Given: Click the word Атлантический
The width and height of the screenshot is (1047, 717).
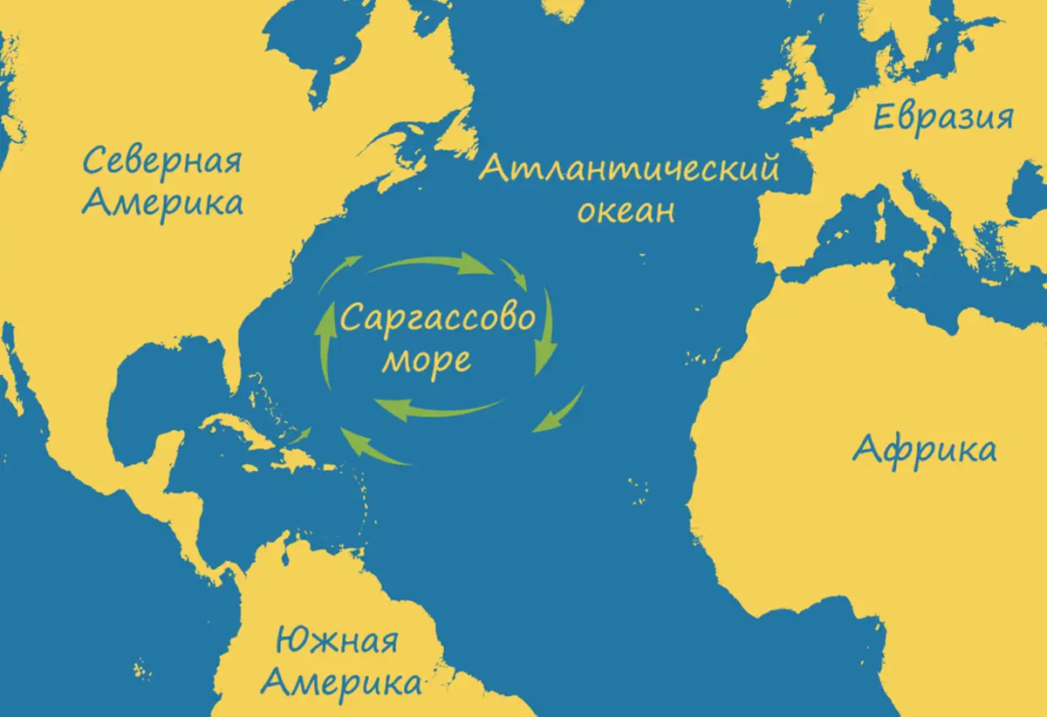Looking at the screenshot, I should pos(628,168).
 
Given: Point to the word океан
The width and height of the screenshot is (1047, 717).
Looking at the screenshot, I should pos(626,212).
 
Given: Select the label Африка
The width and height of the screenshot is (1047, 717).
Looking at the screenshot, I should pos(923,450).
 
